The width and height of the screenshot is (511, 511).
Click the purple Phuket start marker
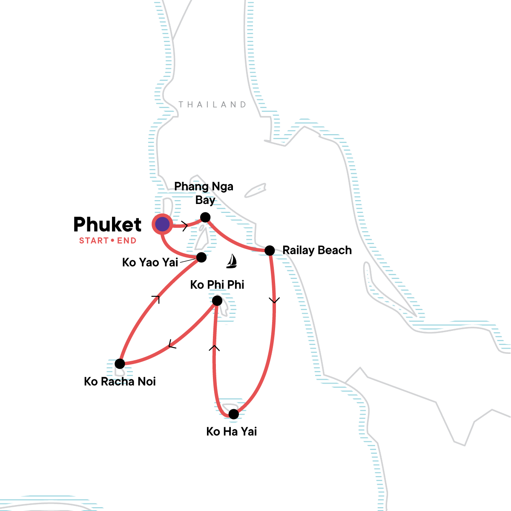162,224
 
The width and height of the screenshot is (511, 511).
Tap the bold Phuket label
107,224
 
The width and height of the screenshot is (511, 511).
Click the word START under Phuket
94,241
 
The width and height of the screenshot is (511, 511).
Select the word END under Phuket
127,241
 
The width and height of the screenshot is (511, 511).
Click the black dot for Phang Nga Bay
205,218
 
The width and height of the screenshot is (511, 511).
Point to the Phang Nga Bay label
204,193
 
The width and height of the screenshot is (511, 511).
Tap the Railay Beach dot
270,250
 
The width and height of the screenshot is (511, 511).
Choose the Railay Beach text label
317,250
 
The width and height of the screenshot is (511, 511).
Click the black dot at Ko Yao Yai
201,257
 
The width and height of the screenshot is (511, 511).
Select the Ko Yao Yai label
150,263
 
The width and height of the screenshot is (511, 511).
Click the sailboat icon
232,261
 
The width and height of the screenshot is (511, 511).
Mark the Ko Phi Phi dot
217,301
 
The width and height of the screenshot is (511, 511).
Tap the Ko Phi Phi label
217,285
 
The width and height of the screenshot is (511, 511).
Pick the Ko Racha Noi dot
120,364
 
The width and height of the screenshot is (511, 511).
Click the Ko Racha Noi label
120,382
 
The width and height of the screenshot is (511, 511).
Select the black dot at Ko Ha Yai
234,414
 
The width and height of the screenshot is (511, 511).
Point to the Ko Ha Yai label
232,432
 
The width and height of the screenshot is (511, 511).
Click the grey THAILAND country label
212,104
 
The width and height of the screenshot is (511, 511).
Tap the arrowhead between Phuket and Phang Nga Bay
185,226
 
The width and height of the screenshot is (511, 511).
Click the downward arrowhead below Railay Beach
274,301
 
